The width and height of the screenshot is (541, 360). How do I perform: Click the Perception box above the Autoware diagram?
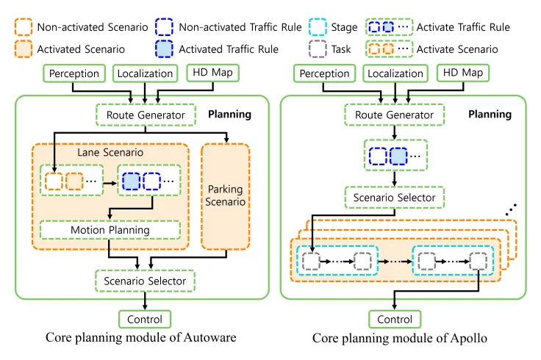[x=75, y=73]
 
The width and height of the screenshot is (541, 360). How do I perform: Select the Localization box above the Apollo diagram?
[x=395, y=73]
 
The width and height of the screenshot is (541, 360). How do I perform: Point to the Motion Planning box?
[x=110, y=230]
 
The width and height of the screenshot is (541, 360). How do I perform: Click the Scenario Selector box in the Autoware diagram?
[x=145, y=280]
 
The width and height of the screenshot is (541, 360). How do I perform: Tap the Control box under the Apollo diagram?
[x=395, y=320]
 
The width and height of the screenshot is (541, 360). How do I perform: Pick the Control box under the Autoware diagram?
[x=145, y=320]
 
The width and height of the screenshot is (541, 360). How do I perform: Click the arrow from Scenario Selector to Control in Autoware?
[x=145, y=300]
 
